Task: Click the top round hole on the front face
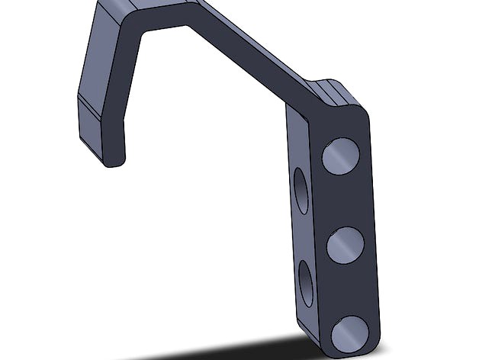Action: coord(340,156)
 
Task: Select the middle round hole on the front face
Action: coord(345,245)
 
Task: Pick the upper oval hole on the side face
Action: coord(301,191)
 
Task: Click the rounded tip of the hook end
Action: coord(113,159)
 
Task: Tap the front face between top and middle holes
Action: coord(343,200)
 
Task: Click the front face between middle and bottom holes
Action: coord(347,290)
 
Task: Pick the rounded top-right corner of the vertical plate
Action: coord(362,114)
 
